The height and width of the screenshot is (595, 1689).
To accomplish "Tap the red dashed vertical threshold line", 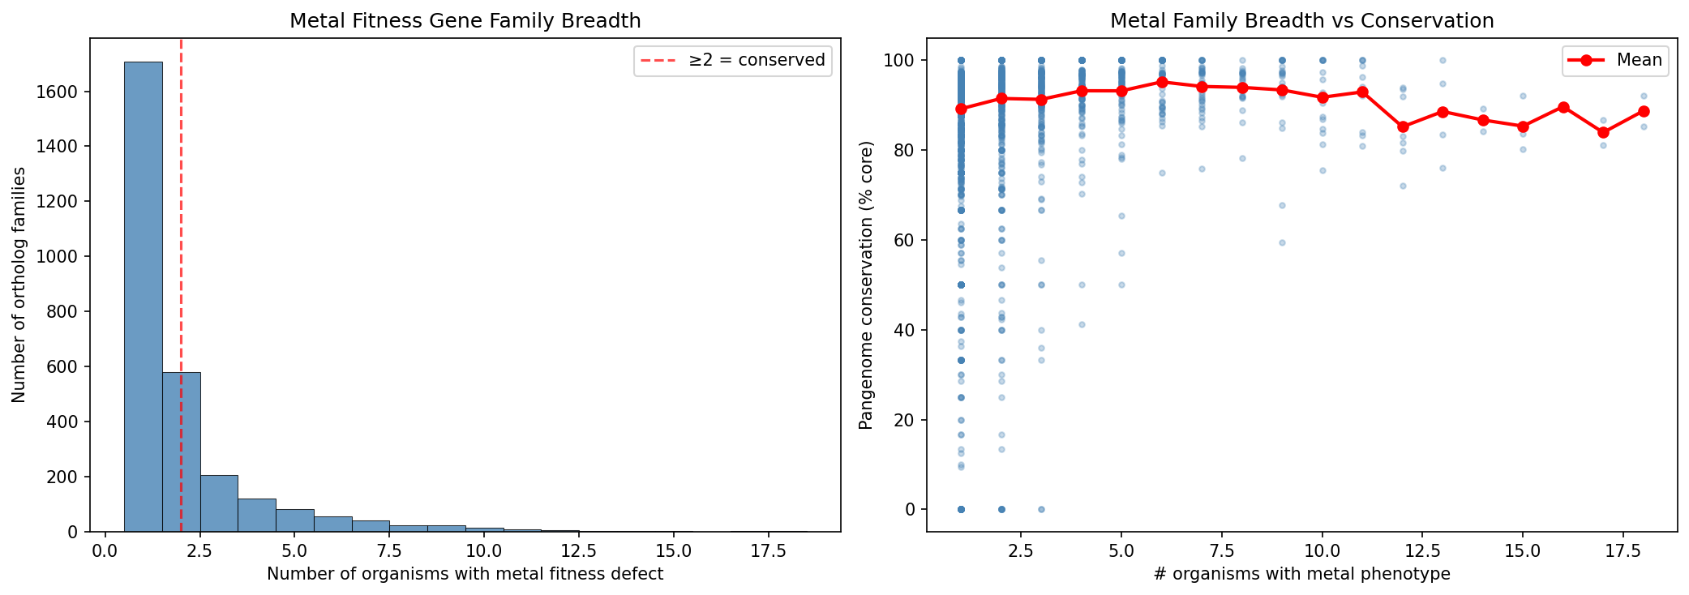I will pos(181,243).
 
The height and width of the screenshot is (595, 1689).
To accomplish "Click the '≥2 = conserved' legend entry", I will pos(732,60).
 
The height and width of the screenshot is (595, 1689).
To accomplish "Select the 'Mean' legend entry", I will pos(1615,60).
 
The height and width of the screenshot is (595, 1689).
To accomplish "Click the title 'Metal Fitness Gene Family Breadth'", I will pos(465,20).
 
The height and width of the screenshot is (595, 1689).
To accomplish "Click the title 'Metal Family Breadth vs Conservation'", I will pos(1301,20).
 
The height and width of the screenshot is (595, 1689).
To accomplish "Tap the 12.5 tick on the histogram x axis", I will pos(579,551).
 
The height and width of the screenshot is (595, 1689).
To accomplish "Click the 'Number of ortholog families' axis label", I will pos(19,285).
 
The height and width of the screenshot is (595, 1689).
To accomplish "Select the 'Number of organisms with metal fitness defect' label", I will pos(465,574).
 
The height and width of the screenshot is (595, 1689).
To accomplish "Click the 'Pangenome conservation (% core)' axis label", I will pos(866,285).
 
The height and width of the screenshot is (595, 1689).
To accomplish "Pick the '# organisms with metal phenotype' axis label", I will pos(1301,574).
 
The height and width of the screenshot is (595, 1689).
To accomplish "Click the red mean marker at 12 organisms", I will pos(1403,126).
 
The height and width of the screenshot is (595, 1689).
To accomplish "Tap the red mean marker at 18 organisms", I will pos(1644,111).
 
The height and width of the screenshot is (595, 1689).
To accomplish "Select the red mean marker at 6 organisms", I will pos(1162,82).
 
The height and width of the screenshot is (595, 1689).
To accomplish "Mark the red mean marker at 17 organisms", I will pos(1603,132).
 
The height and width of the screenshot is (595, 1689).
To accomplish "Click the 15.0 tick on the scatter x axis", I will pos(1523,551).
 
